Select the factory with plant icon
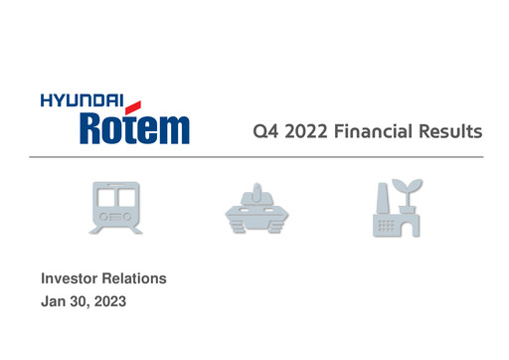pos(396,208)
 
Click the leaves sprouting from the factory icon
pos(409,187)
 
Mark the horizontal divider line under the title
pos(254,157)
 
